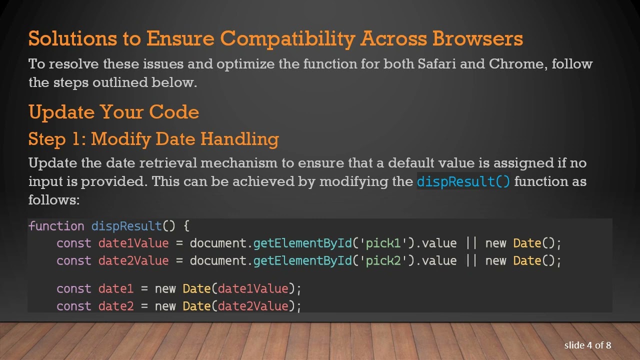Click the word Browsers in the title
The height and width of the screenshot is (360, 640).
click(477, 38)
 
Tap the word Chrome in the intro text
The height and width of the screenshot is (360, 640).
click(516, 64)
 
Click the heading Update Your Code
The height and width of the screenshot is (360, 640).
click(113, 111)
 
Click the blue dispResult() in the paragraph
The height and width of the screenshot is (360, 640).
click(463, 181)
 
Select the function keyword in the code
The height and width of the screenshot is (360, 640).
click(56, 226)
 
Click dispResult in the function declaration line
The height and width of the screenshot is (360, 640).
click(126, 226)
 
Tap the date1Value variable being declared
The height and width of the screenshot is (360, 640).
click(133, 243)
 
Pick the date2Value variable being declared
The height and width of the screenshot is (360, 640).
click(133, 261)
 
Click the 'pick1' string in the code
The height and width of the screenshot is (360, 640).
click(383, 243)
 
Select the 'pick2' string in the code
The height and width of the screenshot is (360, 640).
click(383, 261)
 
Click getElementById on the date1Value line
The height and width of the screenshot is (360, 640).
click(302, 243)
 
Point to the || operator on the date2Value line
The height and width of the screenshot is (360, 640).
click(471, 261)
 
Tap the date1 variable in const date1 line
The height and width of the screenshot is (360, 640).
click(115, 289)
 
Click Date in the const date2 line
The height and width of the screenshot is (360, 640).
click(196, 306)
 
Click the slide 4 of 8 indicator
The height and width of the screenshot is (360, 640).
click(587, 345)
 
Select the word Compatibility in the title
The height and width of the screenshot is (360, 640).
click(287, 38)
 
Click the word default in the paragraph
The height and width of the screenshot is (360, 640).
click(411, 163)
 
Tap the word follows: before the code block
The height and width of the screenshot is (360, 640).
click(54, 199)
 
